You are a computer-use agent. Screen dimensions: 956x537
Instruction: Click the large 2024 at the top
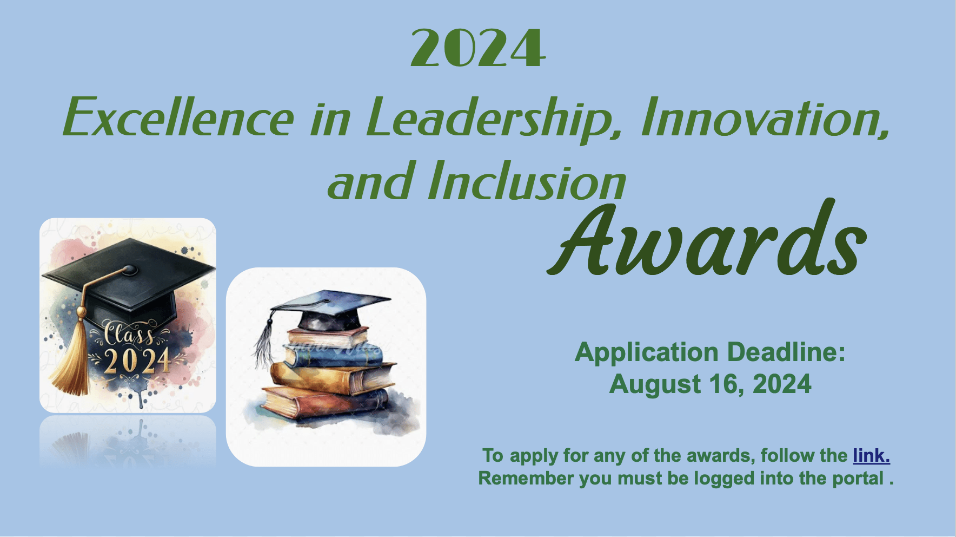(x=478, y=48)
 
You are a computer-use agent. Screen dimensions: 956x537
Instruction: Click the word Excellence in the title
(x=179, y=117)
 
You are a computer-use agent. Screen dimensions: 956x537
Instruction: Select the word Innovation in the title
(x=766, y=117)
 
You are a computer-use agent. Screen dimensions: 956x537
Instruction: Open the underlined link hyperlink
(x=871, y=455)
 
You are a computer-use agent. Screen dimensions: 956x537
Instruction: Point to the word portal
(x=858, y=479)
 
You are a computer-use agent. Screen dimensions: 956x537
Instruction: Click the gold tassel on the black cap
(x=70, y=352)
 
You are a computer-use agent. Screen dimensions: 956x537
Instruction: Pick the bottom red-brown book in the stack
(x=325, y=402)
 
